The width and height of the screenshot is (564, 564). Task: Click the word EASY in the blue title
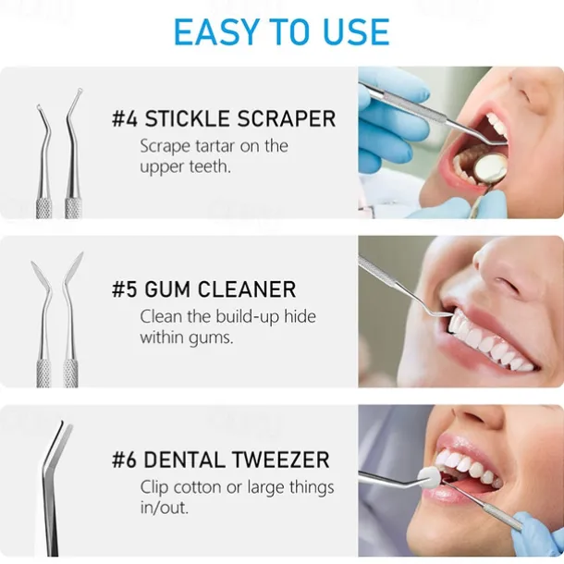tap(216, 31)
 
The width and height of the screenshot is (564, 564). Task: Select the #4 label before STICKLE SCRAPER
tap(125, 118)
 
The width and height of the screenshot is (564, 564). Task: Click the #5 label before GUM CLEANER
tap(125, 289)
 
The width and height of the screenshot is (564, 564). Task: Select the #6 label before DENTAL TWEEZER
tap(125, 460)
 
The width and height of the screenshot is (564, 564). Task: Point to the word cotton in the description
tap(197, 488)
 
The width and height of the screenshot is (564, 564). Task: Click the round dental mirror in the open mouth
tap(490, 169)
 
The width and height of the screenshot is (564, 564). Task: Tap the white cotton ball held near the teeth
tap(429, 477)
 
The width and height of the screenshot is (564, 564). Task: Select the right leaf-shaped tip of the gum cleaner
tap(75, 265)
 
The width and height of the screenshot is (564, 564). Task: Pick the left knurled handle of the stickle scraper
tap(43, 208)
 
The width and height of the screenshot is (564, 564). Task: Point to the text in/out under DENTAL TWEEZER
tap(165, 508)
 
